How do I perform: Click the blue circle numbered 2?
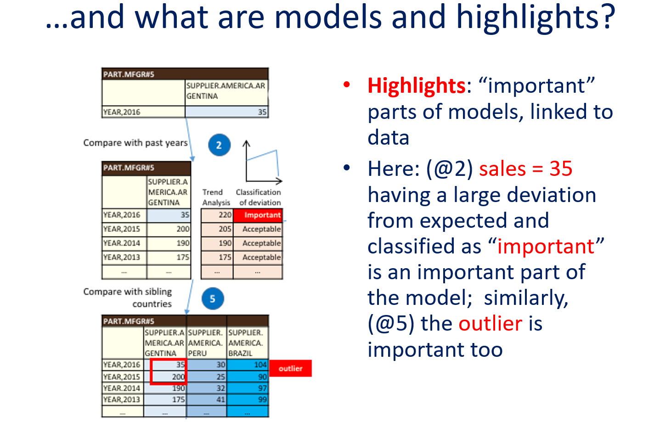coord(219,145)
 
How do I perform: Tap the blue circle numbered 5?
coord(213,298)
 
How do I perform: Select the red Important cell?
coord(258,215)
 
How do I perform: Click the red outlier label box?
coord(291,368)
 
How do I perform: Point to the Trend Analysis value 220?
coord(225,215)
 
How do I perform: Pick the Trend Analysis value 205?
coord(225,229)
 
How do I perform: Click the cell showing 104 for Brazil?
coord(260,365)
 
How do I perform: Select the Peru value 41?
coord(221,399)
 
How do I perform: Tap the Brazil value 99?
coord(263,399)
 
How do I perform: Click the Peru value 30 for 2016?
coord(221,365)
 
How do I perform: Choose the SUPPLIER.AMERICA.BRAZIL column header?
coord(245,343)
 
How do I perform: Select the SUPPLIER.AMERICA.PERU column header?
coord(205,343)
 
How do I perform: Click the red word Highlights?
coord(416,86)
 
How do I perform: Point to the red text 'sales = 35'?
coord(525,169)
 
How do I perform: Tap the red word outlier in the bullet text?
coord(490,323)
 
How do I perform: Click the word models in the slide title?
coord(328,17)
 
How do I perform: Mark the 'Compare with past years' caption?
coord(135,143)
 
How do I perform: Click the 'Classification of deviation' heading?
coord(259,197)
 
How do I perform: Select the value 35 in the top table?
coord(262,112)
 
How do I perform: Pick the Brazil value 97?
coord(263,388)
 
